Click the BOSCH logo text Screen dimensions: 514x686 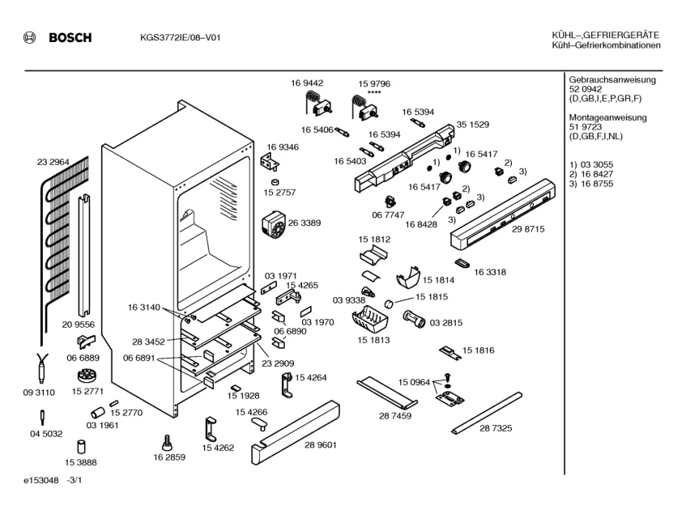pyautogui.click(x=70, y=38)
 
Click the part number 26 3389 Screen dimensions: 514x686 pyautogui.click(x=305, y=223)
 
